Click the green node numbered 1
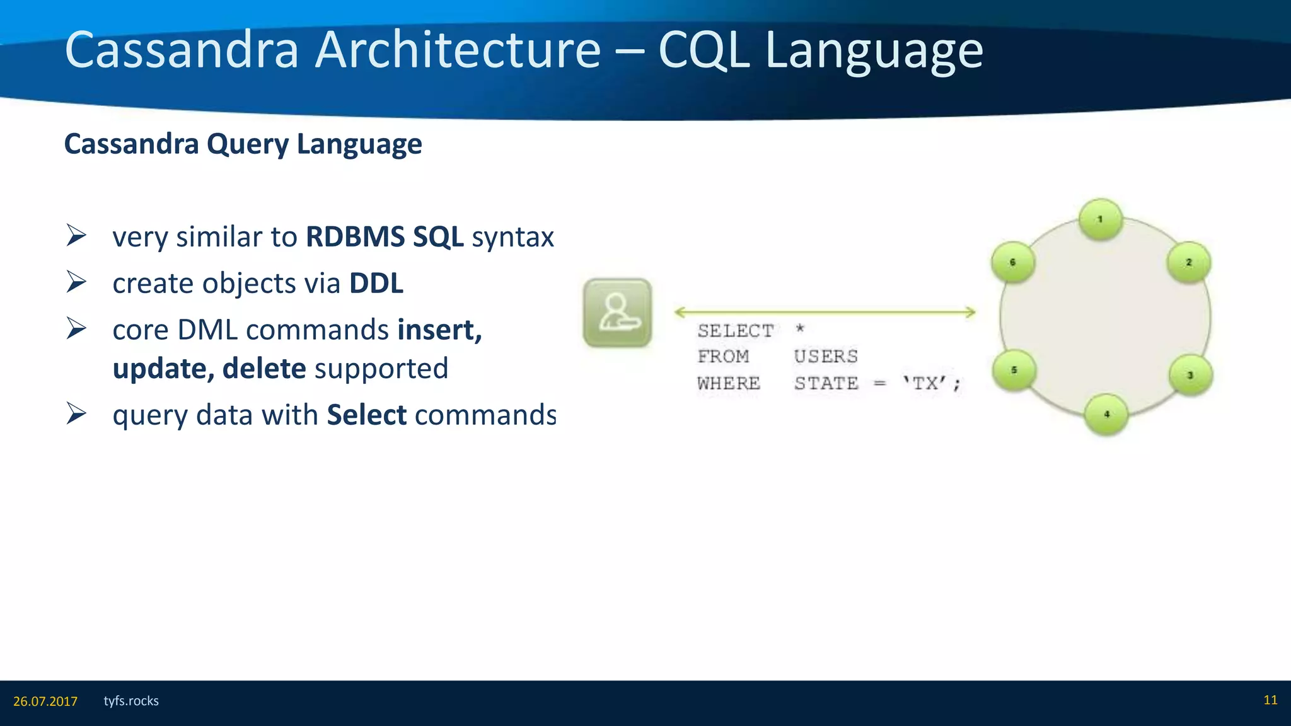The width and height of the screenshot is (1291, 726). pos(1100,220)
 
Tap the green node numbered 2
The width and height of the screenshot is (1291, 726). pos(1188,262)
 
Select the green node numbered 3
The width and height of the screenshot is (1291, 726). pos(1190,376)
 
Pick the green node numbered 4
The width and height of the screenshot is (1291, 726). pos(1106,415)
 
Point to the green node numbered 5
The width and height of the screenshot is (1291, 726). pos(1014,370)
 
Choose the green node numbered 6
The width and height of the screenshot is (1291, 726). pos(1012,262)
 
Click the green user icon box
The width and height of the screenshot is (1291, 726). pos(617,313)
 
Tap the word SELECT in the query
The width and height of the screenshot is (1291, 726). pos(735,331)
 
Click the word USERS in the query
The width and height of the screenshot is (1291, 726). pos(826,357)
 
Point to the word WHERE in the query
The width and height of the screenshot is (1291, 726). pos(729,383)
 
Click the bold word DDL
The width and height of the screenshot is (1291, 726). pos(376,284)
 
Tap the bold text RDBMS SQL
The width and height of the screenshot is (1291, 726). pos(385,237)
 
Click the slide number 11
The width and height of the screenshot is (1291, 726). pos(1270,700)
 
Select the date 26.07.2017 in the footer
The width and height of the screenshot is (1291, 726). pos(45,701)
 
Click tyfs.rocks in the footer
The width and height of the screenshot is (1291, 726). pos(131,701)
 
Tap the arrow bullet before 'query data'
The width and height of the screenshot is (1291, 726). pos(76,414)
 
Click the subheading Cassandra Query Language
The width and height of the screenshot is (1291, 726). pos(243,144)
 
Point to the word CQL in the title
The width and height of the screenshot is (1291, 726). pos(704,50)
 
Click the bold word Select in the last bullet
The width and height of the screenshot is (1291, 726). pos(367,415)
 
